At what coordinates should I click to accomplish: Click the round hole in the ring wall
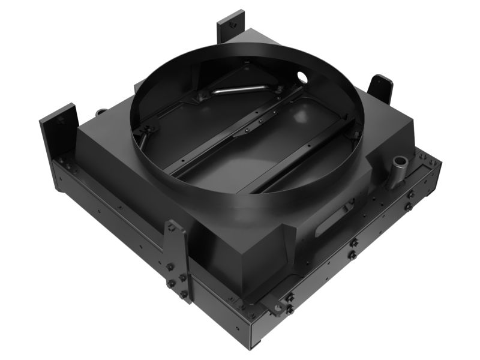[x=301, y=77]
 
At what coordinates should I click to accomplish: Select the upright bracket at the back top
[x=230, y=25]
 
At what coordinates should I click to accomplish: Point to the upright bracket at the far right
[x=380, y=90]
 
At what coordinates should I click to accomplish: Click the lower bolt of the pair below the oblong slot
[x=353, y=255]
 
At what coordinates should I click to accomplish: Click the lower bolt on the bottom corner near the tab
[x=290, y=309]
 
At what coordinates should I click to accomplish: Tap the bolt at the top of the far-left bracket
[x=61, y=119]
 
